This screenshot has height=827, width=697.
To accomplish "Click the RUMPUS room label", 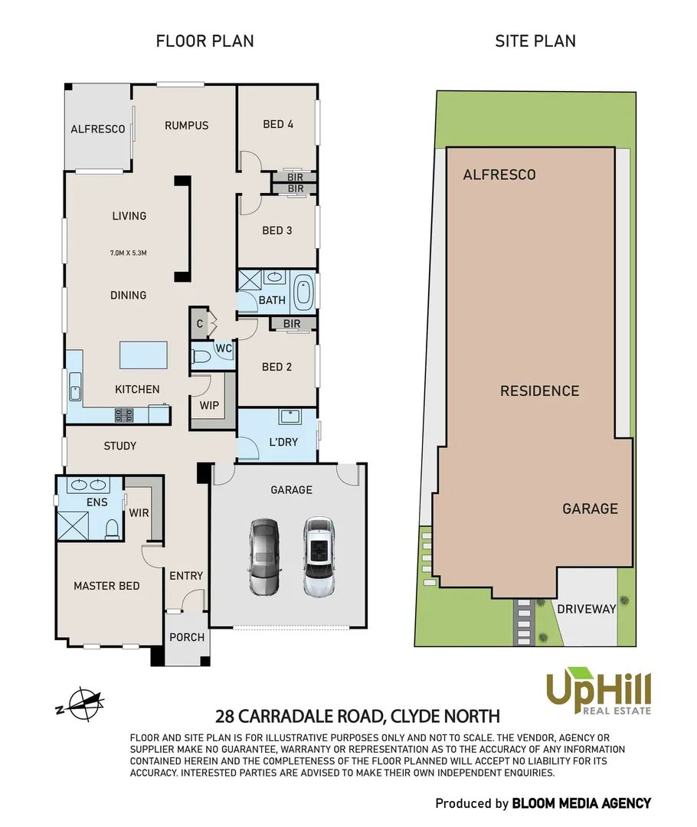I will (x=186, y=126).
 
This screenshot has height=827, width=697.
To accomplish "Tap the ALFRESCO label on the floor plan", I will (x=98, y=129).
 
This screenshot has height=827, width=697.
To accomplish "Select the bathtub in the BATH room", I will (x=303, y=291).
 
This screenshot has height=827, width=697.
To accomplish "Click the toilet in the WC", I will (x=202, y=356).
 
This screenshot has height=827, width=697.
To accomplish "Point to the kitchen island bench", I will (x=143, y=355).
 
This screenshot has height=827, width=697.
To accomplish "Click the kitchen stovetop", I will (x=124, y=415).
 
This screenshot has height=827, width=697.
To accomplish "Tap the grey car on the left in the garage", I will (x=263, y=557).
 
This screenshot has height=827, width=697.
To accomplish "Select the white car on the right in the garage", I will (x=318, y=557).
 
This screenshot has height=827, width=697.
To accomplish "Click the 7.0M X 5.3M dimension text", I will (x=128, y=252).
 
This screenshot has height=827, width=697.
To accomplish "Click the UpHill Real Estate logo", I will (x=598, y=692).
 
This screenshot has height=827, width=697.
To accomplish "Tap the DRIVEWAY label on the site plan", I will (x=587, y=610).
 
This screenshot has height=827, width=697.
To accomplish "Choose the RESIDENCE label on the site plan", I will (x=539, y=391).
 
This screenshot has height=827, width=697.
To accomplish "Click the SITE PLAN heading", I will (x=535, y=41).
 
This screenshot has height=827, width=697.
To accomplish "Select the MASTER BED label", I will (x=106, y=586).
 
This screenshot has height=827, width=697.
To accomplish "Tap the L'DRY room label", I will (x=283, y=442).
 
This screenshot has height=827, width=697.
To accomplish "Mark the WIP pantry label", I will (x=208, y=404).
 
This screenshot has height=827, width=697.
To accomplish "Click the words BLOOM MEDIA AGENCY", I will (x=581, y=803).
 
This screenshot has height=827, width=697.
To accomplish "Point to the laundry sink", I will (x=289, y=417).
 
